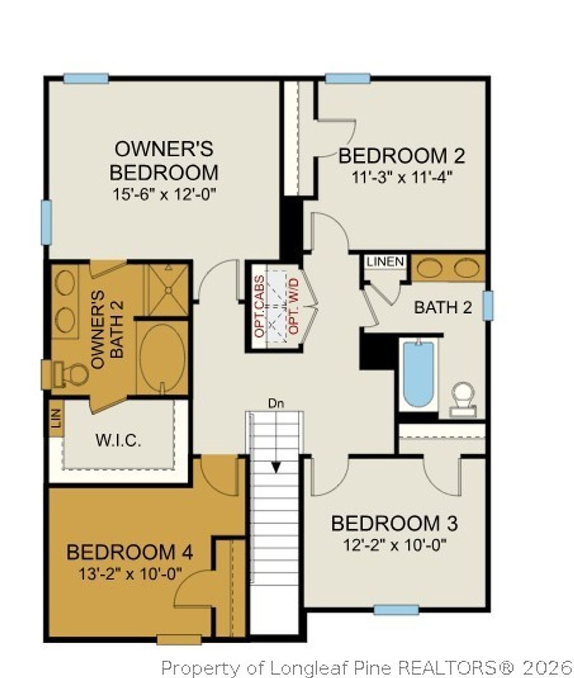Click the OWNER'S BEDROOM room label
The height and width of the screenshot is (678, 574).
coord(164,160)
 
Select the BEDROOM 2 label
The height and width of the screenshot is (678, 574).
coord(402,155)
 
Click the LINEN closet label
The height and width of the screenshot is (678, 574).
coord(385,261)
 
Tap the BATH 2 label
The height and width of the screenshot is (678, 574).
coord(443,307)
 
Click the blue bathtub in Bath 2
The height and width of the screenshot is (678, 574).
coord(418,373)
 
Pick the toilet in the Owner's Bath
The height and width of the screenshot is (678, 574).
coord(70,374)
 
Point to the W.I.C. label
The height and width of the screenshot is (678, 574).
coord(118,440)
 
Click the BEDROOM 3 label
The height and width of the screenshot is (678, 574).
coord(394,523)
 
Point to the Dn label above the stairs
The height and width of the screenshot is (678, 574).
coord(276,403)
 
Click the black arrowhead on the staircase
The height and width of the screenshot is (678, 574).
coord(276,466)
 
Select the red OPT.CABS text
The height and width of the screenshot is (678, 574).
coord(259,306)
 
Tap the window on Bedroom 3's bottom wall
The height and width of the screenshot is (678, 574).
coord(396,610)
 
